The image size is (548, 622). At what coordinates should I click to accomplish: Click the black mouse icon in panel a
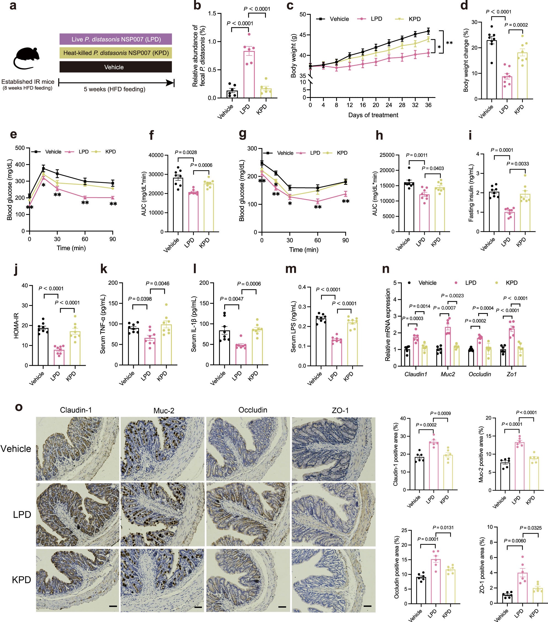coord(27,57)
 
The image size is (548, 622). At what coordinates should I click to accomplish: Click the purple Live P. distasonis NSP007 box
coord(116,39)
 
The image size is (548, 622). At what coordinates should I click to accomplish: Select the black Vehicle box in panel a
coord(116,67)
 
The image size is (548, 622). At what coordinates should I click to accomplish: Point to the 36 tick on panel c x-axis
coord(428,105)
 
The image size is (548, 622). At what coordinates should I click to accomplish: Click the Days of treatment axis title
coord(373,115)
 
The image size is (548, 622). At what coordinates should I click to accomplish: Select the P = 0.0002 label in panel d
coord(516,25)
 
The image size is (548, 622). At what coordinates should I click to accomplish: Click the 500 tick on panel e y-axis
coord(20,148)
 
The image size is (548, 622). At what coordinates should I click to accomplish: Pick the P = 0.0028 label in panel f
coord(186,152)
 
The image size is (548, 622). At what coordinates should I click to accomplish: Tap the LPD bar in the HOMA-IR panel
coord(59,357)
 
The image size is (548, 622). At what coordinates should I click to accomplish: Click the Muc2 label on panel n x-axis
coord(448,374)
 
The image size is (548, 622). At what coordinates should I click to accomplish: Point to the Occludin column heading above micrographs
coord(253,410)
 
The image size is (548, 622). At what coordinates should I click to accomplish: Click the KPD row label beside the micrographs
coord(22,580)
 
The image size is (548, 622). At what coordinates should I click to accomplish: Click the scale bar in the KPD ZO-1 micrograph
coord(367,606)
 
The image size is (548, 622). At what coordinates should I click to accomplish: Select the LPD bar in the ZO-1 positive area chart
coord(522,588)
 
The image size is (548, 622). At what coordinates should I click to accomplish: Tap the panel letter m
coord(291,269)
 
